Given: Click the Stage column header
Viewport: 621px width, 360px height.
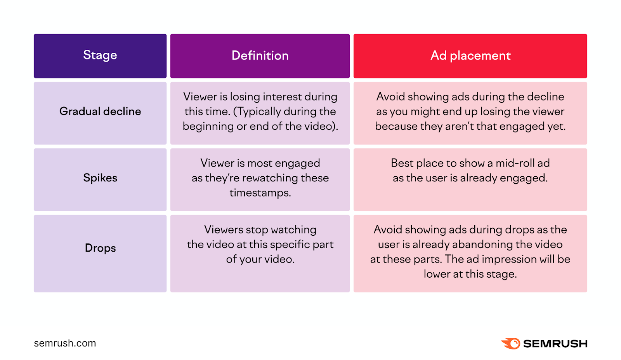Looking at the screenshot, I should [x=100, y=56].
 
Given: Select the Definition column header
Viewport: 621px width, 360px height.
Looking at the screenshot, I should [x=260, y=56].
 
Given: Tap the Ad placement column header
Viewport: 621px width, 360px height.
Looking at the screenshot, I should [x=470, y=56].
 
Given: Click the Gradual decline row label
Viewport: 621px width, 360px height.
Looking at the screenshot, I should [x=100, y=111].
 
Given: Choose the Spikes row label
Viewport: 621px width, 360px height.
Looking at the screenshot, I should [x=100, y=178].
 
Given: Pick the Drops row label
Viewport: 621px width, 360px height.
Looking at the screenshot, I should [x=100, y=248].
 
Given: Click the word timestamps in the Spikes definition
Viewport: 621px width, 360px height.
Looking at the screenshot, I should [x=260, y=193].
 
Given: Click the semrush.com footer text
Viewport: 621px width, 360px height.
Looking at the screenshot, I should [x=65, y=343].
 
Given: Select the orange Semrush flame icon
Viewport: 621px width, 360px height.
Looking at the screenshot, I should [x=511, y=343].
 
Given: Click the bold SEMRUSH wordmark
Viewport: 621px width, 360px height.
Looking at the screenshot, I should [x=555, y=344].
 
